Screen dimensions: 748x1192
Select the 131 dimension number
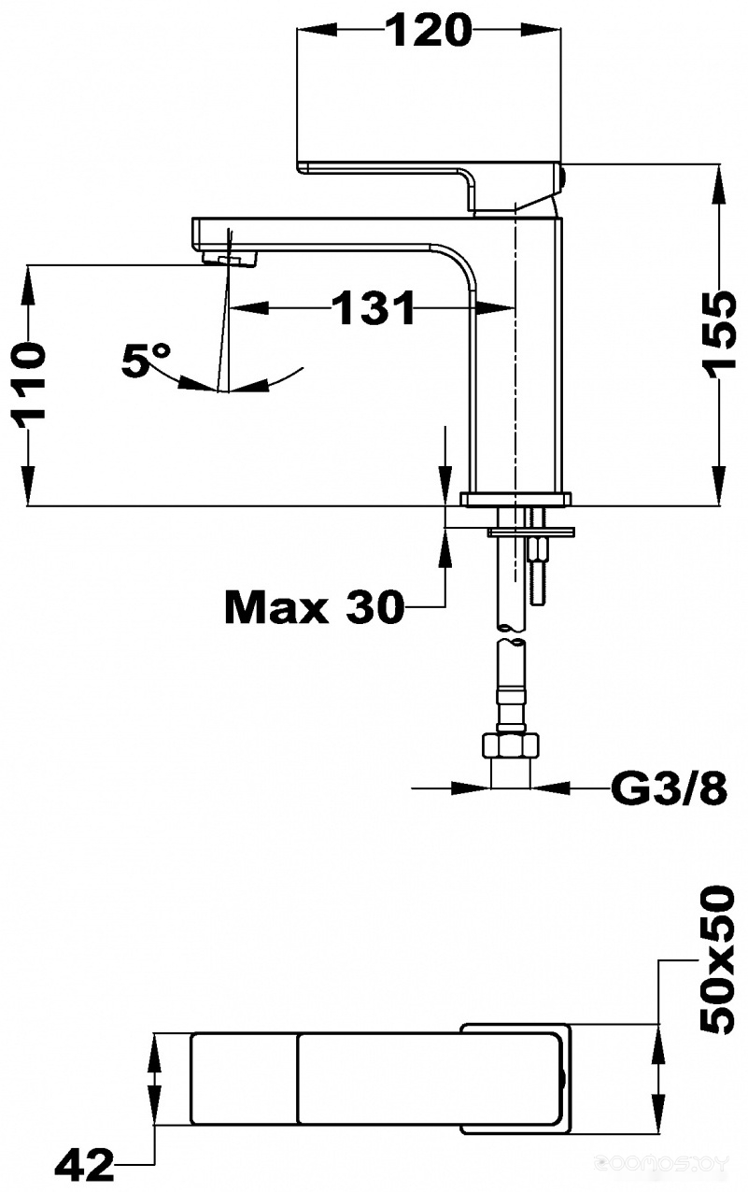(x=373, y=307)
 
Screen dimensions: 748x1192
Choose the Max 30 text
(x=314, y=608)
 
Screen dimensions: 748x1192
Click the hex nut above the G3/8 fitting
(x=510, y=745)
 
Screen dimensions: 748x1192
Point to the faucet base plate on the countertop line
(x=516, y=500)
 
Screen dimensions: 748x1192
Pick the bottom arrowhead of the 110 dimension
(x=28, y=486)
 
